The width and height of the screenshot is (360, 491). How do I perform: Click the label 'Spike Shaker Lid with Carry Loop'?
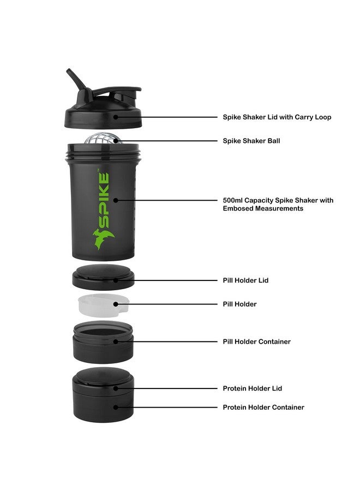[277, 117]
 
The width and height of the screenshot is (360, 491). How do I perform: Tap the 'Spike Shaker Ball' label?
[251, 141]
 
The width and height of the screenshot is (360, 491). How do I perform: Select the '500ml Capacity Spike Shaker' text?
[278, 200]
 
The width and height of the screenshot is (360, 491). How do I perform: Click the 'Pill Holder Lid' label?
[245, 280]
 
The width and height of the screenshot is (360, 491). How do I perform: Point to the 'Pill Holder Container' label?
[256, 342]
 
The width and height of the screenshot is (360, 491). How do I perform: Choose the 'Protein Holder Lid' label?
[252, 388]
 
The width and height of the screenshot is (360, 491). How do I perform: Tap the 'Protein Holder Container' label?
[263, 408]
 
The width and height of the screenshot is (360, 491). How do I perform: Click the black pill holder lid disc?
[103, 277]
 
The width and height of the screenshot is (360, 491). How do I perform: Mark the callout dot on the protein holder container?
[116, 407]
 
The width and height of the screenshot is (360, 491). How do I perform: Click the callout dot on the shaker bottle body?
[116, 200]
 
